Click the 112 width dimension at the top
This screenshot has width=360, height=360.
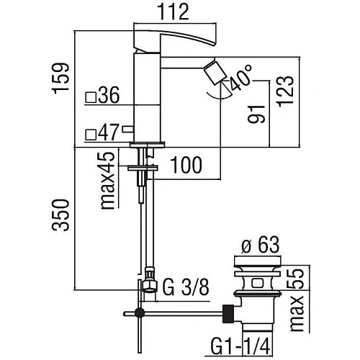pos(176,12)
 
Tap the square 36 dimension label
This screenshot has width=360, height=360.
pos(102,96)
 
